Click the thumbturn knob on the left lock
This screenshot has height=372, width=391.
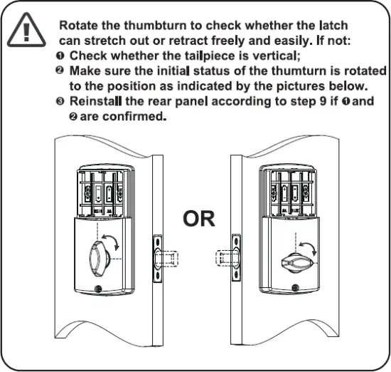(98, 254)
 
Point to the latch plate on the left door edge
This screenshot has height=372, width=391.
(156, 254)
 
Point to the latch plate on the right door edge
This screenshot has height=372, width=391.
(235, 256)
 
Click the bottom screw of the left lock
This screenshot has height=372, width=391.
(98, 291)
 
